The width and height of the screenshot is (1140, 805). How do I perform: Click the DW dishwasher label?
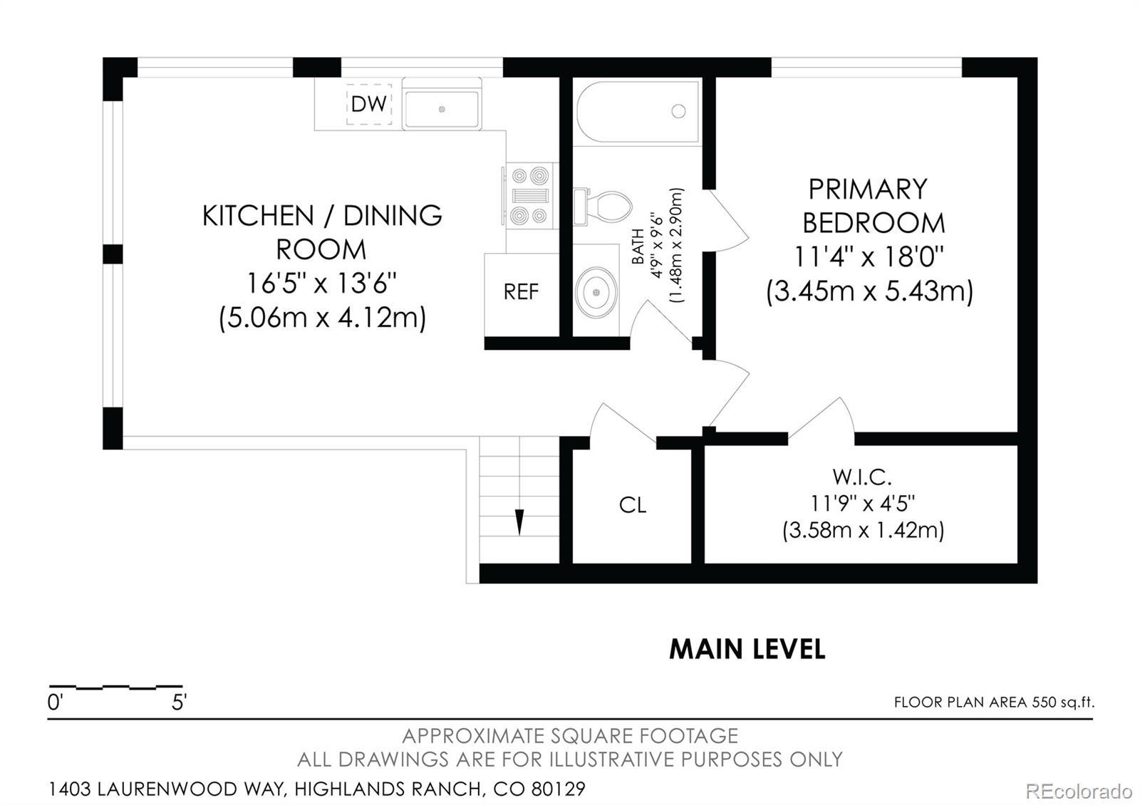[369, 104]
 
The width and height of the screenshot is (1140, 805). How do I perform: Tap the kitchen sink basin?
[441, 109]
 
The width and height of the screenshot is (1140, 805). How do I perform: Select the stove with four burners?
[530, 196]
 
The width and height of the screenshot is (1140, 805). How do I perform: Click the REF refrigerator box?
[521, 295]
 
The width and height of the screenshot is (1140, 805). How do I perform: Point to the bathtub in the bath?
[638, 112]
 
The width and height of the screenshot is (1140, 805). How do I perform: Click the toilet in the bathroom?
[603, 207]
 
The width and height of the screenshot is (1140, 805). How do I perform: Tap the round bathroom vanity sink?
[596, 292]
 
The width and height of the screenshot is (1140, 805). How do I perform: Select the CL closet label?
[633, 505]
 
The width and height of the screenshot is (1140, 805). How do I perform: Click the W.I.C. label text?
[862, 477]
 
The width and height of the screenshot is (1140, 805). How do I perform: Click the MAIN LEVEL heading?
[747, 649]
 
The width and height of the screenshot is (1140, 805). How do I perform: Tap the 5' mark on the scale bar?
[179, 702]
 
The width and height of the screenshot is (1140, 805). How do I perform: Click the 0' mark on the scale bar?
[55, 702]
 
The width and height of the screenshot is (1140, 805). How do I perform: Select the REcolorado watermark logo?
[1079, 791]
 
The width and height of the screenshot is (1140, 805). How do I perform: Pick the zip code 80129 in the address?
[559, 789]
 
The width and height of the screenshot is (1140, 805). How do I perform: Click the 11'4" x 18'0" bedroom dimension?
[869, 256]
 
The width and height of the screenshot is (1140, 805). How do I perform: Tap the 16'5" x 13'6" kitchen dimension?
[321, 284]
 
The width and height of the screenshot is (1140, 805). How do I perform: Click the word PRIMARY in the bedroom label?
[869, 189]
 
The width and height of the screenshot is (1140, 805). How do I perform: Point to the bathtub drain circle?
[678, 111]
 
